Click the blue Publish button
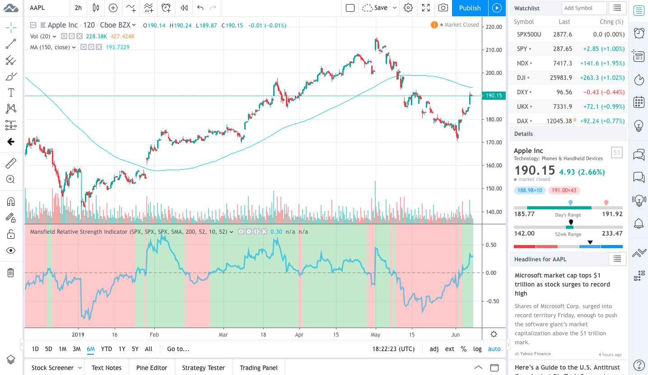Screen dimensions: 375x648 (x=470, y=8)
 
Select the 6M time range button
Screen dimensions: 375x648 (x=91, y=349)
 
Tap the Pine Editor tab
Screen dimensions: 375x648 (x=152, y=368)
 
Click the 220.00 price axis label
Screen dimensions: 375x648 (x=494, y=27)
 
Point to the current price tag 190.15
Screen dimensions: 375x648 (x=494, y=96)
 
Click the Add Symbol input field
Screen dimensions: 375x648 (x=584, y=8)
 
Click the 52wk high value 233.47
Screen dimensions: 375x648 (x=612, y=233)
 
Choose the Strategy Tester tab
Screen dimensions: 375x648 (x=203, y=368)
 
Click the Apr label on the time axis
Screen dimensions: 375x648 (x=298, y=335)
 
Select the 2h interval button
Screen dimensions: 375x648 (x=78, y=8)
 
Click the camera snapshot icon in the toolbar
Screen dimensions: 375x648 (x=443, y=8)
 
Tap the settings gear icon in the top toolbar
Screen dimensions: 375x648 (x=408, y=8)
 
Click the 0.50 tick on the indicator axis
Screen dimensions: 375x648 (x=490, y=245)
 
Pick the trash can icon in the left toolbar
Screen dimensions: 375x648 (x=11, y=273)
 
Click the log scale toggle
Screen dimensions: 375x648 (x=477, y=349)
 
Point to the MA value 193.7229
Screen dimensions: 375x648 (x=117, y=47)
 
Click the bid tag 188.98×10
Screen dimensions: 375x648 (x=530, y=190)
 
